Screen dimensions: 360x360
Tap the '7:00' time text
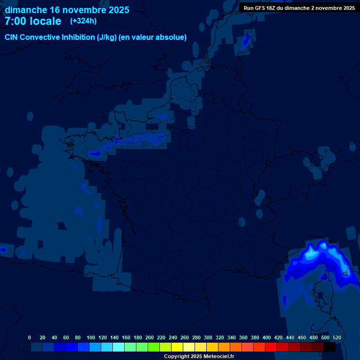pyautogui.click(x=15, y=21)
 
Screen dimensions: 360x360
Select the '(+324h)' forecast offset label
pyautogui.click(x=83, y=21)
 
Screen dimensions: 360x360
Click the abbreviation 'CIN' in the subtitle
pyautogui.click(x=12, y=37)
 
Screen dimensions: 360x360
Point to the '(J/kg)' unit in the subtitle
pyautogui.click(x=108, y=37)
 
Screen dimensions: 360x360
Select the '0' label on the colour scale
pyautogui.click(x=30, y=337)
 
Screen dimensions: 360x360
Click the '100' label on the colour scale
pyautogui.click(x=91, y=337)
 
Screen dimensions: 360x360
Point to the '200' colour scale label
pyautogui.click(x=150, y=337)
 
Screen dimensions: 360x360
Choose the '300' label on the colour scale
pyautogui.click(x=208, y=337)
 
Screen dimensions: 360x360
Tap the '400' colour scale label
pyautogui.click(x=267, y=337)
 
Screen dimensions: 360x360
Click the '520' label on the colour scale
pyautogui.click(x=337, y=337)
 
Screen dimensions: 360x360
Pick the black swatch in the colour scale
pyautogui.click(x=330, y=347)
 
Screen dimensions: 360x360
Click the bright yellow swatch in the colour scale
pyautogui.click(x=177, y=347)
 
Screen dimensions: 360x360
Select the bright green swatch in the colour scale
pyautogui.click(x=154, y=347)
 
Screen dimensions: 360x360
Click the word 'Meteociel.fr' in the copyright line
pyautogui.click(x=219, y=357)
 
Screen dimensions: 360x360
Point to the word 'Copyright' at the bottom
pyautogui.click(x=176, y=357)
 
